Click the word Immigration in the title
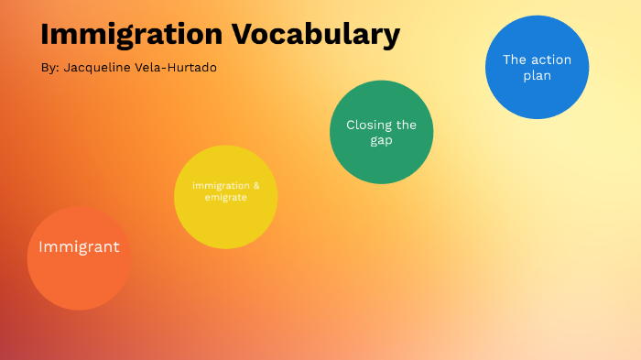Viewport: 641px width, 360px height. pyautogui.click(x=132, y=35)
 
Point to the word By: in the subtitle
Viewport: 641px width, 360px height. pyautogui.click(x=49, y=68)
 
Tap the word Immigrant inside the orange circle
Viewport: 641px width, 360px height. pyautogui.click(x=79, y=246)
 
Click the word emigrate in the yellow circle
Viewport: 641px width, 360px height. pyautogui.click(x=225, y=197)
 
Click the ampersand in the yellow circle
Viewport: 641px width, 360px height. pyautogui.click(x=255, y=185)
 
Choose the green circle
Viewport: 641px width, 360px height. pyautogui.click(x=381, y=156)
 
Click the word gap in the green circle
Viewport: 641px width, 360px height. pyautogui.click(x=381, y=140)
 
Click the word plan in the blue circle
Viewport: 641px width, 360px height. pyautogui.click(x=537, y=75)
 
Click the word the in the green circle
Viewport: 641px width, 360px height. pyautogui.click(x=406, y=125)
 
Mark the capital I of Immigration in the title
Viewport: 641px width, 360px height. pyautogui.click(x=46, y=35)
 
